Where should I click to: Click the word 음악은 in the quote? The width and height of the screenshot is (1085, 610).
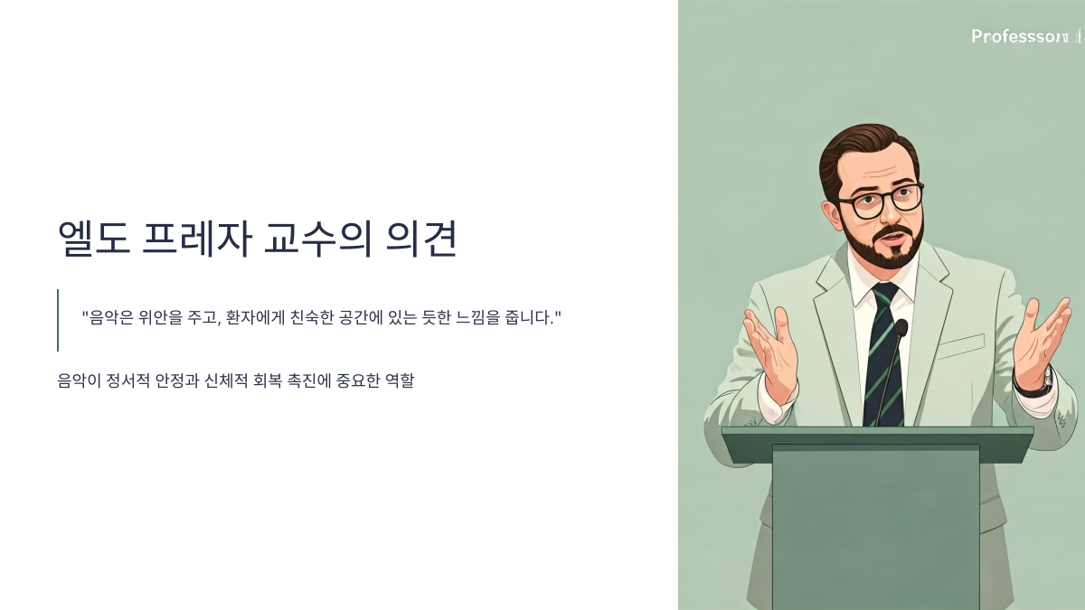109,318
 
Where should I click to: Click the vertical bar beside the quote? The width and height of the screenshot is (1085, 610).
58,320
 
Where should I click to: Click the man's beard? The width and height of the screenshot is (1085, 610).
882,249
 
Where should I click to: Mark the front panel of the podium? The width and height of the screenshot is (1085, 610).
875,524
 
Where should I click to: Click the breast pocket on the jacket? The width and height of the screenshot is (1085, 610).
960,345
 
